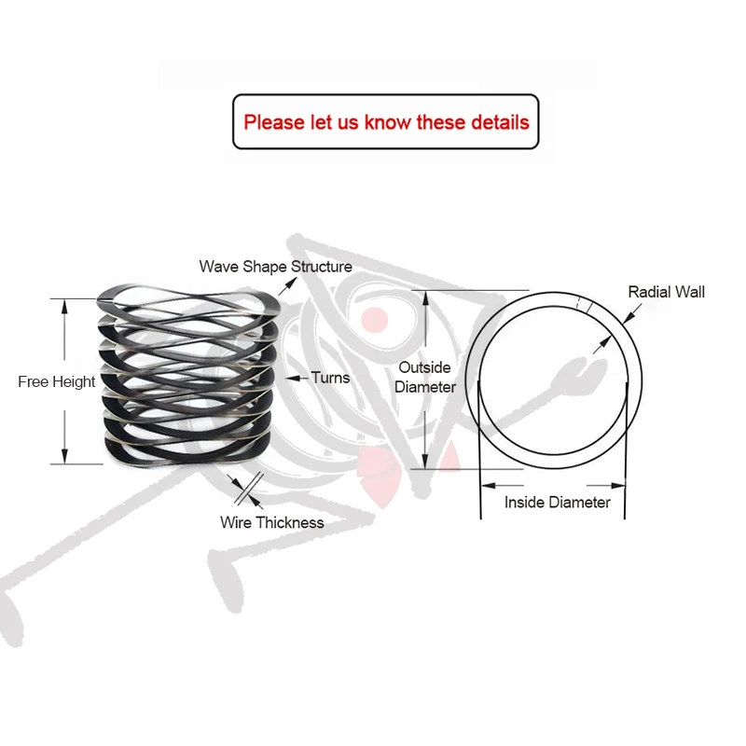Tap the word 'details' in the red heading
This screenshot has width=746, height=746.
[499, 122]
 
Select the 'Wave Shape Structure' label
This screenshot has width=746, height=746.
[275, 267]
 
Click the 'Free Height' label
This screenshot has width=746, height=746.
[56, 381]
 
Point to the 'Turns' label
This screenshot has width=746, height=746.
[330, 378]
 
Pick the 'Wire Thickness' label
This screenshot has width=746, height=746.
[272, 522]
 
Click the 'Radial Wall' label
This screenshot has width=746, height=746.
[666, 292]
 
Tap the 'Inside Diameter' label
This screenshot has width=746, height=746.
[558, 503]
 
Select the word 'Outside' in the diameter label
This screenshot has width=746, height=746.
[424, 367]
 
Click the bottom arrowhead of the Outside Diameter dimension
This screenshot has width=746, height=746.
[426, 463]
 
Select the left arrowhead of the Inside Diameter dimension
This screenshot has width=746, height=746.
[486, 486]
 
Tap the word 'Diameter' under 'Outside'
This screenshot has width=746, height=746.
[426, 387]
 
